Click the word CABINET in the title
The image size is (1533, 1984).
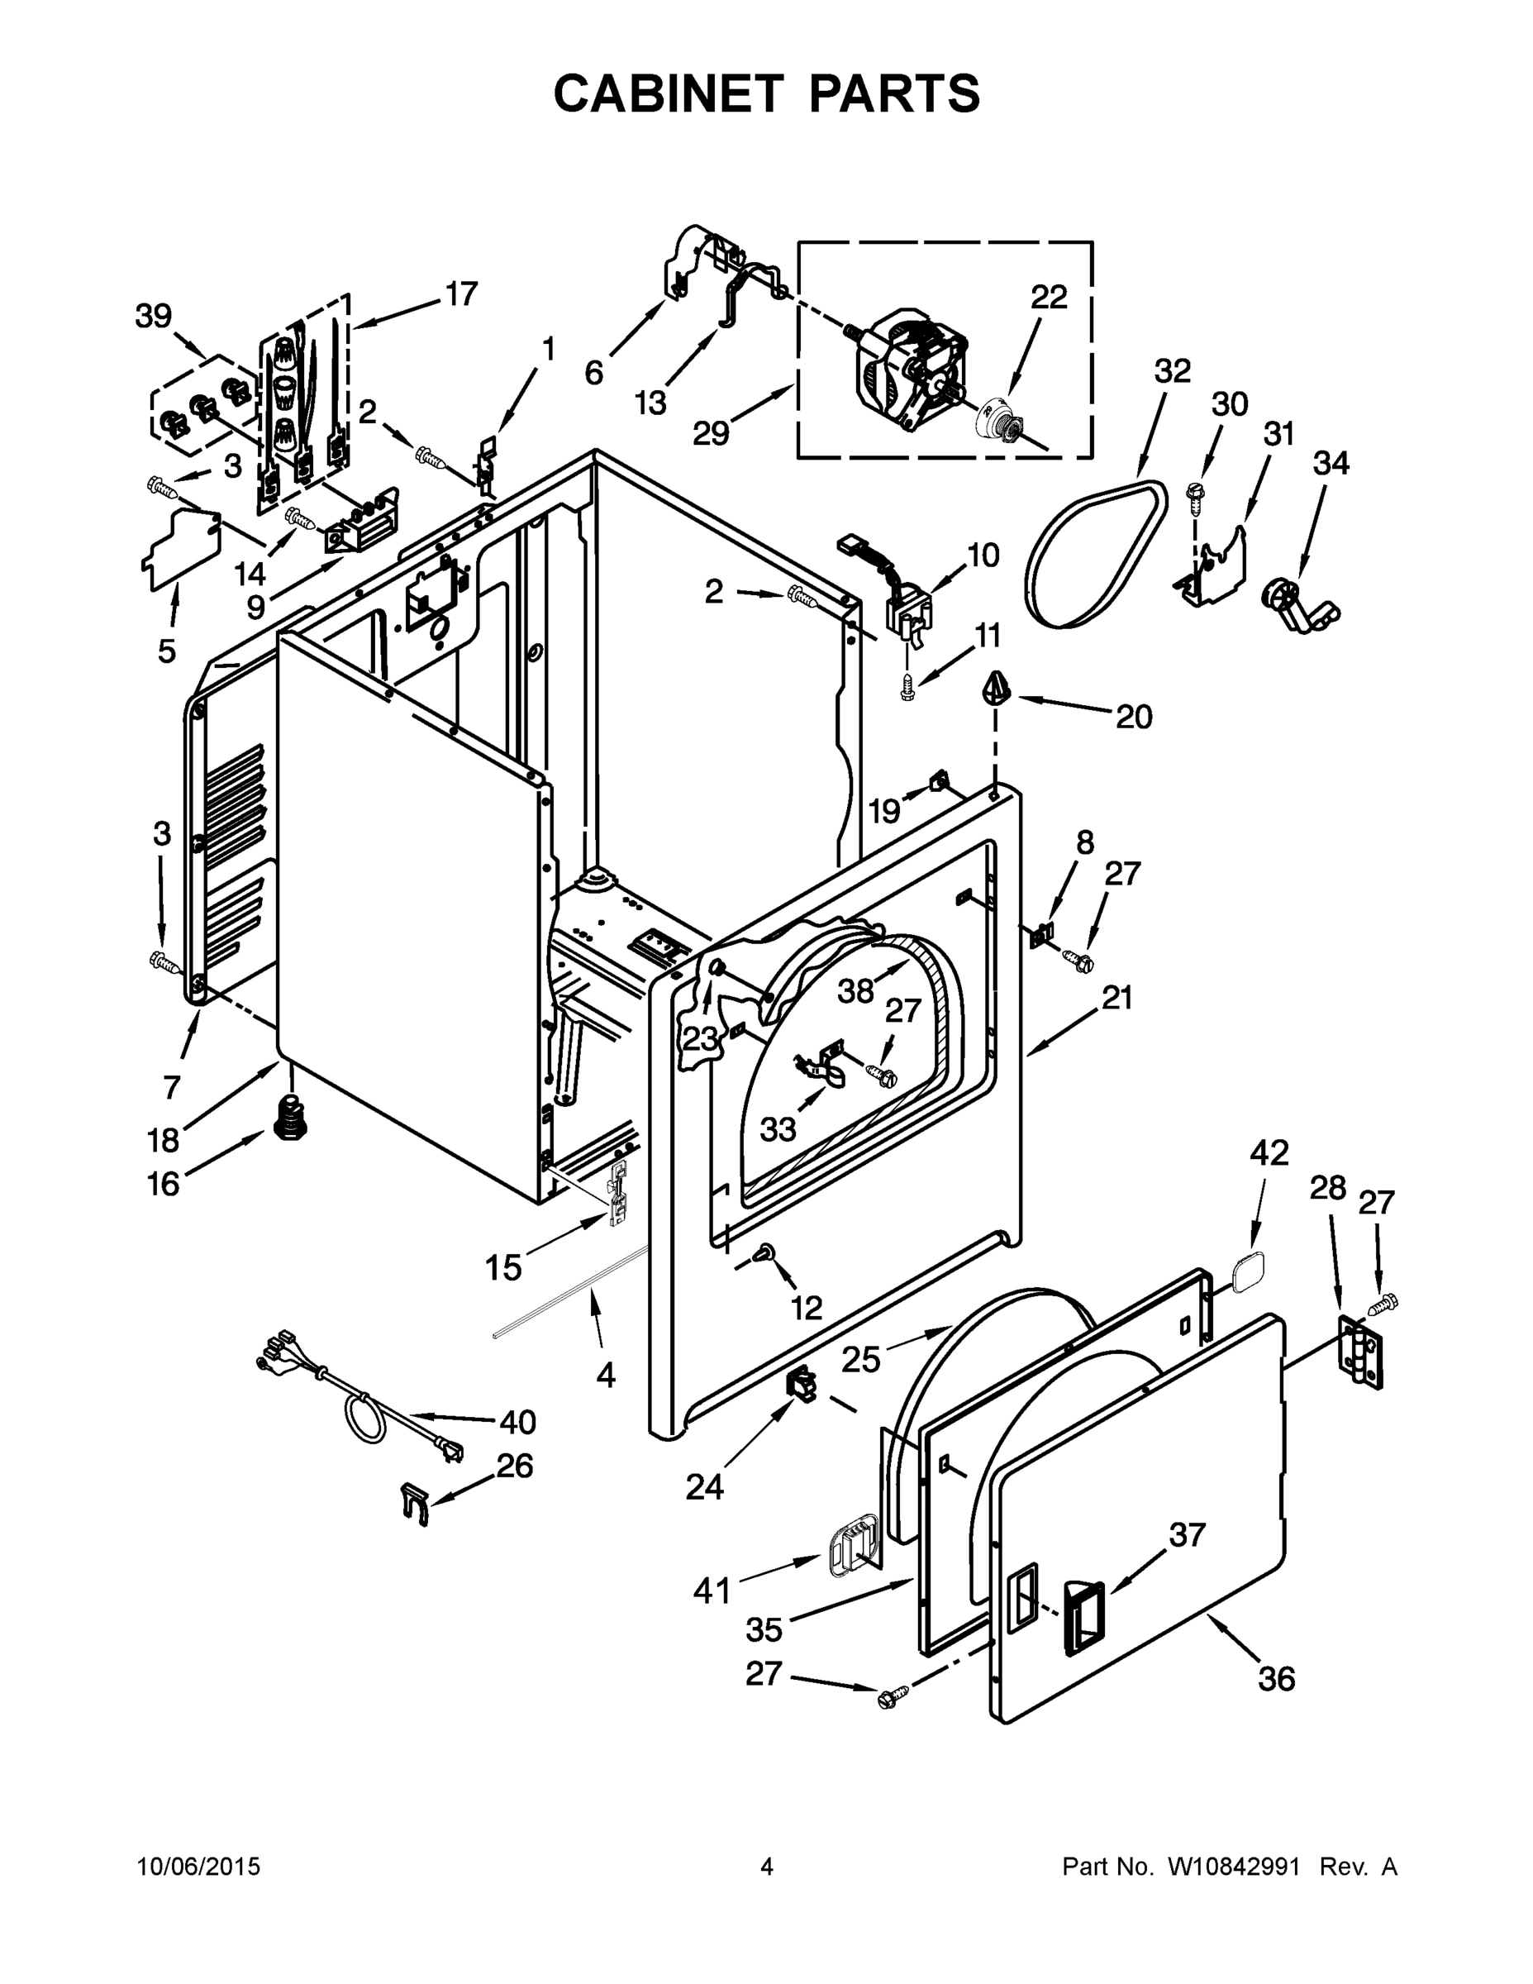point(668,93)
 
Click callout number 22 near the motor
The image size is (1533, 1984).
point(1048,297)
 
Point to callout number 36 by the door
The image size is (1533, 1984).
point(1276,1679)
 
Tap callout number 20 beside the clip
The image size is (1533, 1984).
point(1133,717)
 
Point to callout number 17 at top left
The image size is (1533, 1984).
point(461,293)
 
